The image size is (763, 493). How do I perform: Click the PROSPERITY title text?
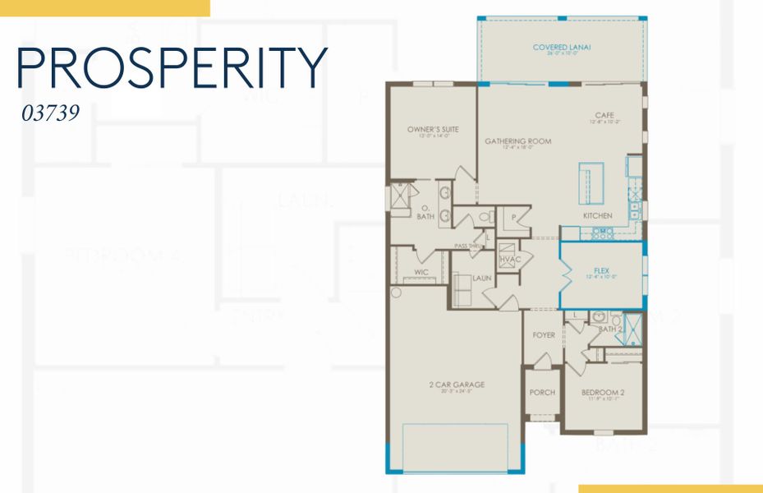coord(172,68)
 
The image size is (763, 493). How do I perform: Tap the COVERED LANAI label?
coord(562,48)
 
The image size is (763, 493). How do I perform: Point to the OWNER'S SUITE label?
coord(433,130)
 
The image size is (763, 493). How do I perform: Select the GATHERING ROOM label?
coord(517,141)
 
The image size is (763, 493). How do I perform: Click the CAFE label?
coord(605,115)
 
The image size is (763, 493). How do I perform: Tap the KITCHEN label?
coord(598,215)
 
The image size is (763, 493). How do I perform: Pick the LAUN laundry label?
coord(482,279)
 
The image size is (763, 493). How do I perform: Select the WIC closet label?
coord(422,271)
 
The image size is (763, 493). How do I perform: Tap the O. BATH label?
coord(425,212)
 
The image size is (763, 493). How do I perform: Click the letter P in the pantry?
coord(513,218)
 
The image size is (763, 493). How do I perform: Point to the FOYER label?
coord(543,335)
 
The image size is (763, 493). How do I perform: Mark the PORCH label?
coord(541,393)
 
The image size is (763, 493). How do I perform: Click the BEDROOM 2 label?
coord(604,393)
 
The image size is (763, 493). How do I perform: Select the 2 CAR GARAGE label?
coord(456,384)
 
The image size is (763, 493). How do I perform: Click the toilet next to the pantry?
coord(485,217)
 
